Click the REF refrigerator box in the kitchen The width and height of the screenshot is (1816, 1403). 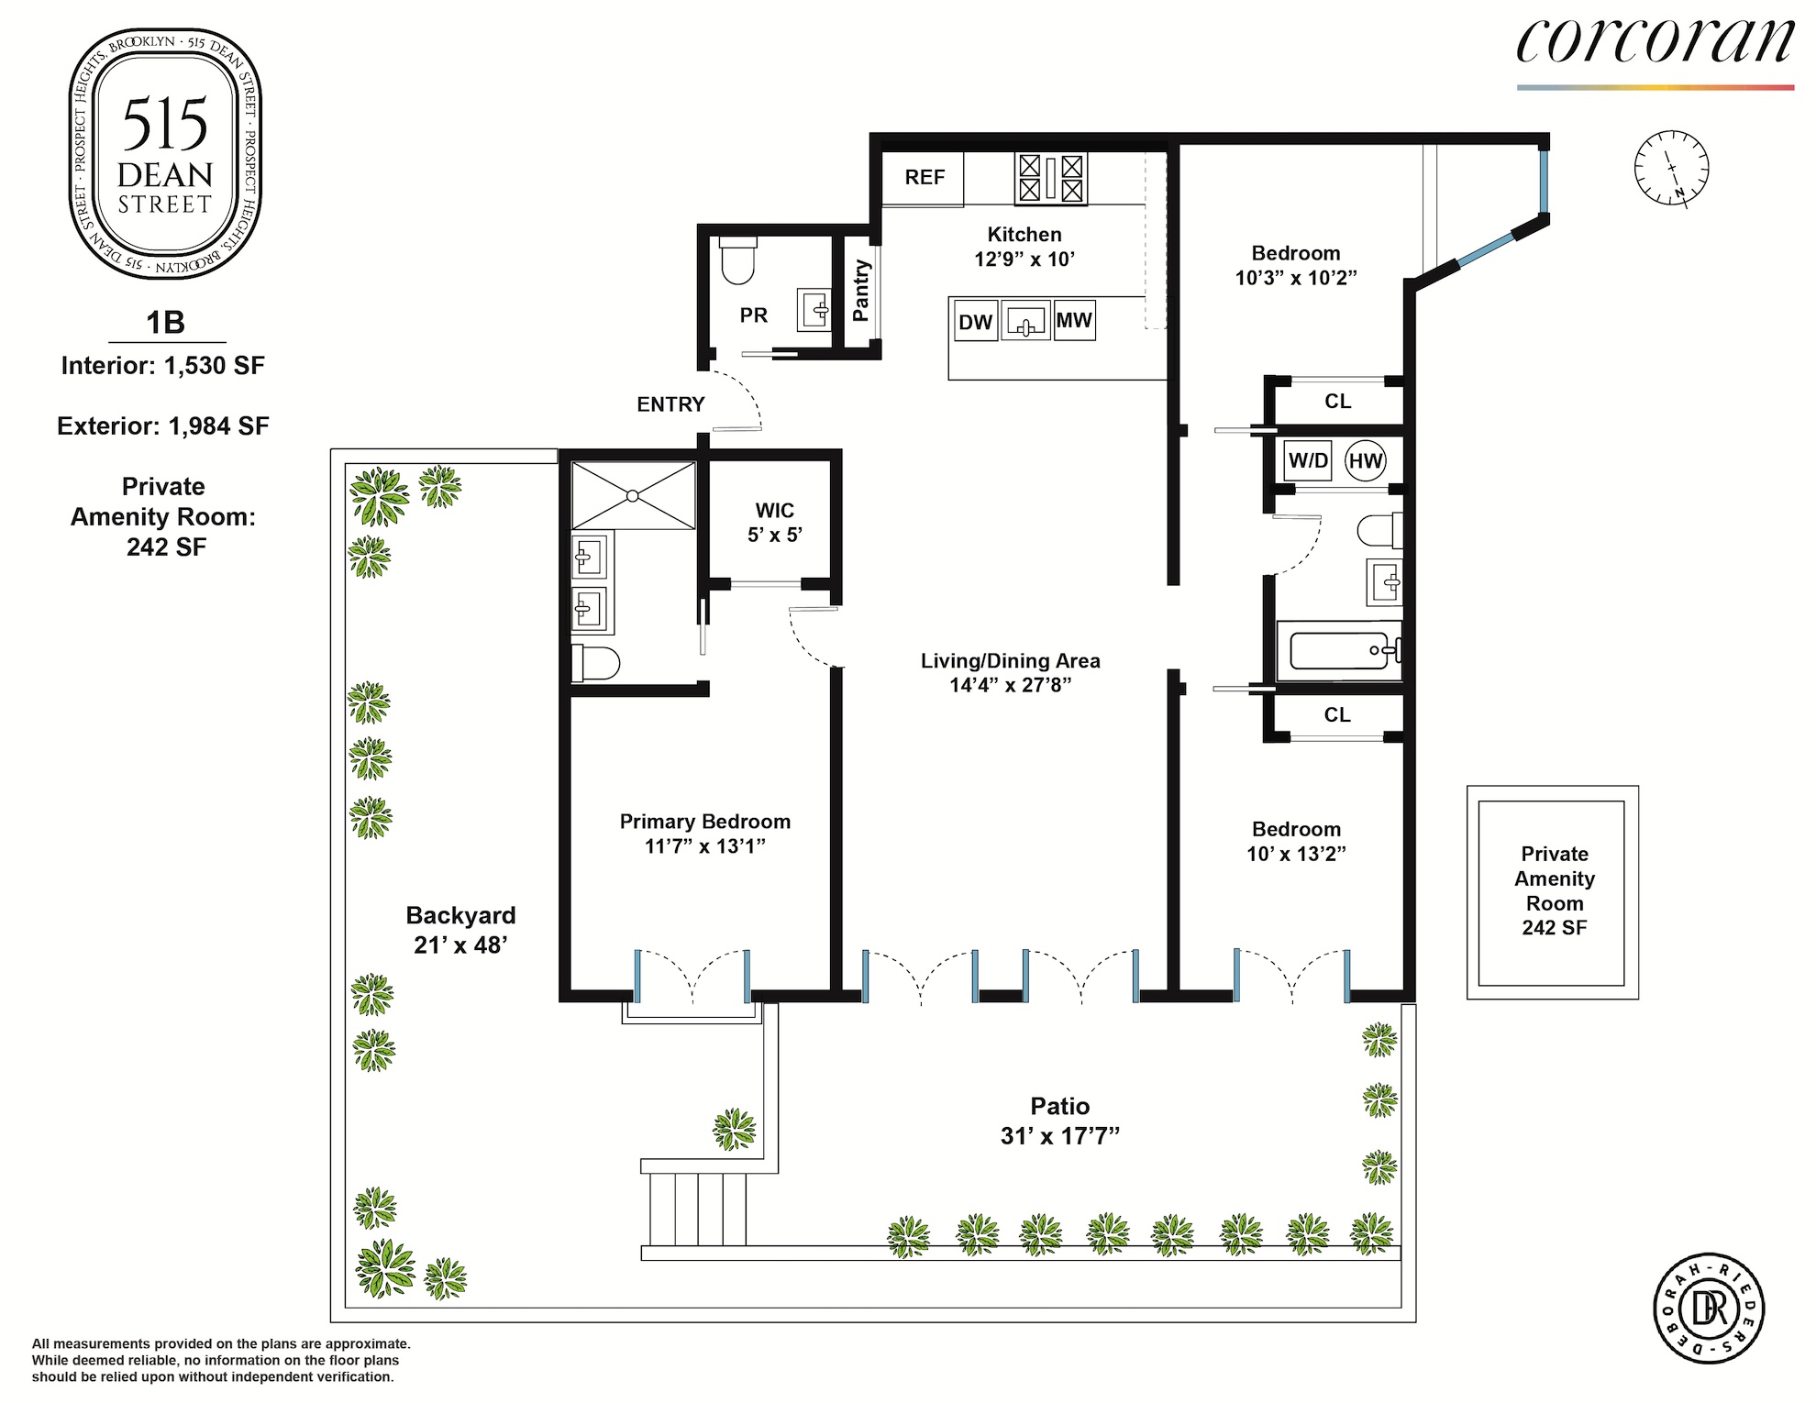[x=923, y=179]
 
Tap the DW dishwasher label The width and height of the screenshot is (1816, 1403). [x=975, y=322]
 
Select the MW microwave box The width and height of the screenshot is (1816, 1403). [x=1074, y=320]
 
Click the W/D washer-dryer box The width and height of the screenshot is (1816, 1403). [x=1308, y=460]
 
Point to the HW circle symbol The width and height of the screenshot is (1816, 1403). [x=1365, y=460]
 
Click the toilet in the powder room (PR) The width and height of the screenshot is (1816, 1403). [x=737, y=260]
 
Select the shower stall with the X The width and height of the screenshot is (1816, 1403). [x=633, y=495]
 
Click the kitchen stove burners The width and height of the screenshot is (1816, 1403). [x=1050, y=178]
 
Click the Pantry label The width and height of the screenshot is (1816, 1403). [x=860, y=291]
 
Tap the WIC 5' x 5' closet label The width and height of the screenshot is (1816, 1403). [x=774, y=523]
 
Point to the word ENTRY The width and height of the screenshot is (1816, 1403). [x=670, y=404]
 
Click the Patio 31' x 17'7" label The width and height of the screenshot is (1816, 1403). [x=1060, y=1121]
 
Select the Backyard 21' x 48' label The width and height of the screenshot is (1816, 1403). [x=460, y=930]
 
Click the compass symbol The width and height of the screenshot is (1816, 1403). [x=1671, y=168]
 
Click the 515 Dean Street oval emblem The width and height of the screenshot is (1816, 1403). [x=165, y=154]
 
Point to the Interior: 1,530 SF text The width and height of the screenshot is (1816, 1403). [x=163, y=366]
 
